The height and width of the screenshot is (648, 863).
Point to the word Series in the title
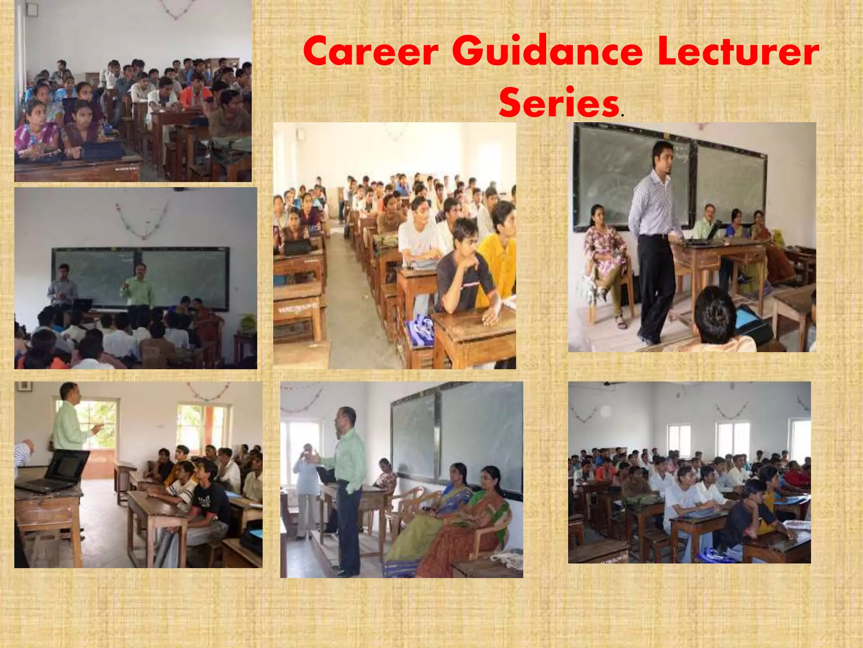coord(559,103)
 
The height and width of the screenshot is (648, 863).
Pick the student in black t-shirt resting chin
coord(464,274)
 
